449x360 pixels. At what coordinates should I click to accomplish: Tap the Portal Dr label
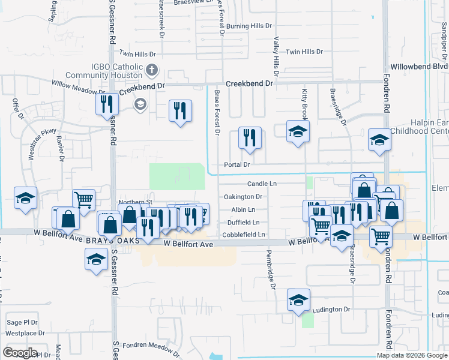236,164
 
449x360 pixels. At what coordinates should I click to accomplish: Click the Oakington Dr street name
243,196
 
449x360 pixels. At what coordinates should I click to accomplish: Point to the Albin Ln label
243,209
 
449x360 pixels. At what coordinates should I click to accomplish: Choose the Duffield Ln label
243,222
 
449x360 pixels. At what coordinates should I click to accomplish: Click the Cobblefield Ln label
243,235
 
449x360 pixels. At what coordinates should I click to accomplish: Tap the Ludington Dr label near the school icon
331,309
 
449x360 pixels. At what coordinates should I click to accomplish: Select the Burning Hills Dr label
249,26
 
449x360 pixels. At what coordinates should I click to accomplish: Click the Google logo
20,353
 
